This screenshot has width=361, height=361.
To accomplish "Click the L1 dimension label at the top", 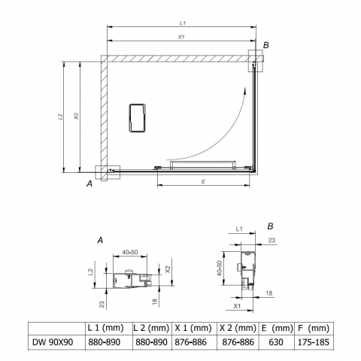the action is point(183,23).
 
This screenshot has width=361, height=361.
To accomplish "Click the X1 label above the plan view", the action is point(181,37).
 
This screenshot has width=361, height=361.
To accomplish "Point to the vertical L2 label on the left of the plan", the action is point(59,117).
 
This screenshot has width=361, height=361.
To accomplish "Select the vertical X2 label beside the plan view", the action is point(76,116).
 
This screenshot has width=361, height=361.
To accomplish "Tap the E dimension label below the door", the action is point(203,181).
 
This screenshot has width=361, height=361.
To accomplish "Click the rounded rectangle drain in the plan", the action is point(138,118).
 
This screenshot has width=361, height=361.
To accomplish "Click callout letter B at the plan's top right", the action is point(266,45).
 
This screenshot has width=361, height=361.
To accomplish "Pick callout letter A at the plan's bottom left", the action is point(89,184).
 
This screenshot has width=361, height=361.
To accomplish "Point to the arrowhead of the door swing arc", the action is point(244,90).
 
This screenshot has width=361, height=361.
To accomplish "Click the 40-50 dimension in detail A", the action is point(130,252).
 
